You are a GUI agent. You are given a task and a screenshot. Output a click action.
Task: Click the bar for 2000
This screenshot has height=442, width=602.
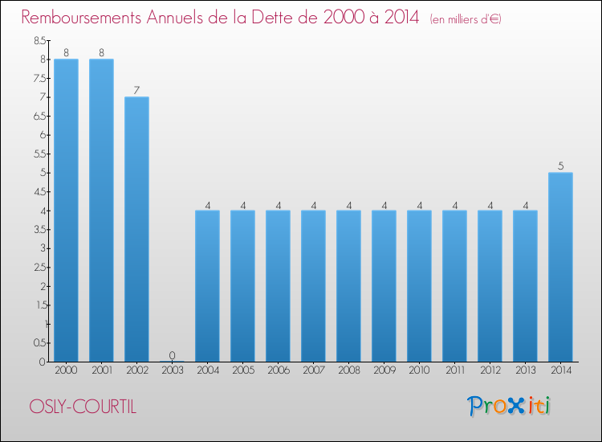(66, 211)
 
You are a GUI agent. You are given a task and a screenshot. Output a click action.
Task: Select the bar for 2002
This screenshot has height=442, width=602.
(136, 229)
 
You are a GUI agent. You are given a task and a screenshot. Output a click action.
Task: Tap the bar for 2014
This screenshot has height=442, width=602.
(560, 267)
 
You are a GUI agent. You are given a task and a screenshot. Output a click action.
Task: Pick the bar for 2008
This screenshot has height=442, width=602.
(348, 286)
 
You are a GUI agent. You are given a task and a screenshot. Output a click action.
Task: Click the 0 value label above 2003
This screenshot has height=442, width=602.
(172, 355)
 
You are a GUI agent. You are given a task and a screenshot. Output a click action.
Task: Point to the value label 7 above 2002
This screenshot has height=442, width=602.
(136, 90)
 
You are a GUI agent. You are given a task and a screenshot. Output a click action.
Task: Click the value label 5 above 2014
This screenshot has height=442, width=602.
(560, 166)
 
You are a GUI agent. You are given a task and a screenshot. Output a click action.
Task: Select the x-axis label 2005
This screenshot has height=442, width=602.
(242, 371)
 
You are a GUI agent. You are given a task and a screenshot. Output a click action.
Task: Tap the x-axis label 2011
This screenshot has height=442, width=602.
(454, 371)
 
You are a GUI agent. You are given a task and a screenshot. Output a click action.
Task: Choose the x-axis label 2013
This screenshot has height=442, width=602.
(525, 371)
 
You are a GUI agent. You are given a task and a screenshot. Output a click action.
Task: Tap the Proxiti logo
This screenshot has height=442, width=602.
(509, 406)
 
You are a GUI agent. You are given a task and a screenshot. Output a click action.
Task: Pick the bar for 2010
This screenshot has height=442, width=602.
(419, 286)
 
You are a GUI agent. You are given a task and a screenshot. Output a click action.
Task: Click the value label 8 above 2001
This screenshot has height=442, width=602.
(101, 52)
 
